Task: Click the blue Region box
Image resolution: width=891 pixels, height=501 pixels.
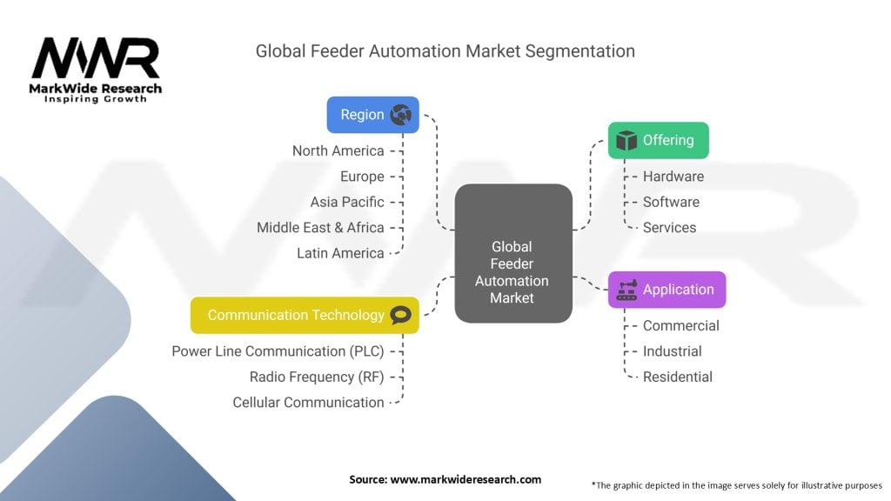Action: click(372, 115)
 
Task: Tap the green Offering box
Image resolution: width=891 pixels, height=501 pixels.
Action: click(658, 140)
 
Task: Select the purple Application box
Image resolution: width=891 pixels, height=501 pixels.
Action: click(667, 290)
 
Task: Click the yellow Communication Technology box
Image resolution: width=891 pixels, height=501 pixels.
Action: click(305, 315)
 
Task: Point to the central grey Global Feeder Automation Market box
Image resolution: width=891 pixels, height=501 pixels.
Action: click(513, 253)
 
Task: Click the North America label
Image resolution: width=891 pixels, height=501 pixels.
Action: click(338, 151)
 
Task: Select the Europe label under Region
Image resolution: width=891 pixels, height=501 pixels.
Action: click(362, 177)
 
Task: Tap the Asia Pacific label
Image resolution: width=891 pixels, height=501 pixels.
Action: click(347, 202)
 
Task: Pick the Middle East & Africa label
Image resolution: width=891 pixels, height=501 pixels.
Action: click(320, 228)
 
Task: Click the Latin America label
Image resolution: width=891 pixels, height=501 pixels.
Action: click(340, 253)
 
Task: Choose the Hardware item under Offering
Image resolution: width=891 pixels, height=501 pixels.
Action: click(673, 177)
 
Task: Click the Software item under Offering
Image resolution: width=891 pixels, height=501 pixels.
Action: click(671, 202)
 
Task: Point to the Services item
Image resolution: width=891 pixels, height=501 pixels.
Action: click(669, 228)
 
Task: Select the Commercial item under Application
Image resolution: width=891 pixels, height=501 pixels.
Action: click(680, 326)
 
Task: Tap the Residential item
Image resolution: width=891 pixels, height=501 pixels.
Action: click(677, 377)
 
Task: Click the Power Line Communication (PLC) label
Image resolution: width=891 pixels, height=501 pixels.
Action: click(278, 351)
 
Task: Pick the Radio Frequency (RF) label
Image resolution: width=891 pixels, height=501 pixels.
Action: click(317, 377)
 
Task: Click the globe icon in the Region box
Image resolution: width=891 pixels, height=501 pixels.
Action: click(400, 115)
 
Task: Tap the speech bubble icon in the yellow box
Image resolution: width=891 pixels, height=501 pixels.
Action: click(400, 315)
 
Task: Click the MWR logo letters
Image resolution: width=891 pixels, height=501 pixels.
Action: click(96, 58)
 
